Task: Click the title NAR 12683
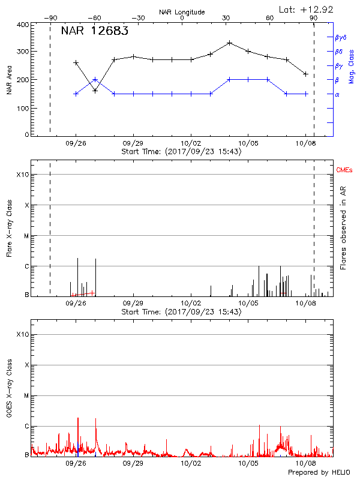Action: click(x=94, y=31)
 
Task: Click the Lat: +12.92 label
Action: click(x=307, y=9)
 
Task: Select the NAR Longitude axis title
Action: click(x=182, y=12)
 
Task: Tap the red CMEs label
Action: click(x=344, y=170)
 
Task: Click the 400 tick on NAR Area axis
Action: click(x=22, y=25)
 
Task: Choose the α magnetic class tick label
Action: click(x=337, y=94)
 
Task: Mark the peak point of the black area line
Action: click(x=230, y=43)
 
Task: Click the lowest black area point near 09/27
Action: click(x=95, y=91)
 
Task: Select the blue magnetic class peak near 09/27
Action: click(x=95, y=79)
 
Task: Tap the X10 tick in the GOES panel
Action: click(x=23, y=334)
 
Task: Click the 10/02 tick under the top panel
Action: click(x=191, y=144)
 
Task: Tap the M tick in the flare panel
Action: click(x=26, y=236)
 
